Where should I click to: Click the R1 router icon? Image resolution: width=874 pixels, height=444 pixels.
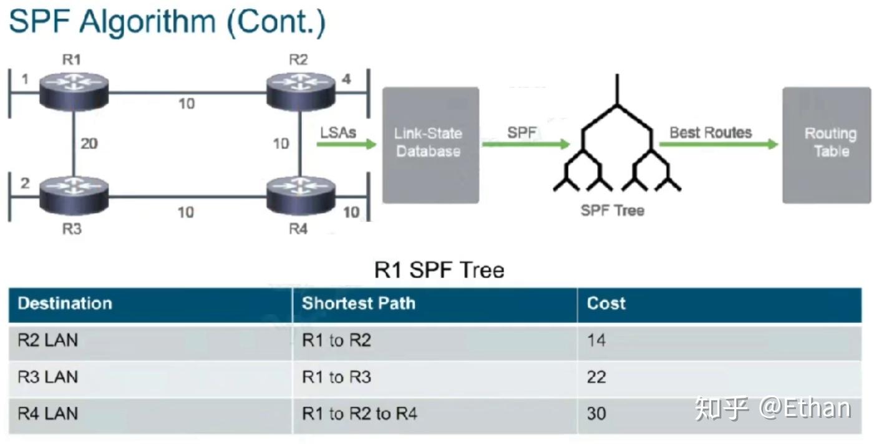74,91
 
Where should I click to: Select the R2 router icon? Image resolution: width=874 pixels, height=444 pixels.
300,91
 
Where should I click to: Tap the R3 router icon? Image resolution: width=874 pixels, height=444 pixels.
74,193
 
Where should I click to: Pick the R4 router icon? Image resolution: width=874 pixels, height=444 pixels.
300,193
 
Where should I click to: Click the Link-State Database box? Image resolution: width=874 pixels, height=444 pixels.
430,145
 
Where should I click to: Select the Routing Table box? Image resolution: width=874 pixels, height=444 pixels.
827,145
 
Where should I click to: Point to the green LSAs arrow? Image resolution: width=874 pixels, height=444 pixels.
346,145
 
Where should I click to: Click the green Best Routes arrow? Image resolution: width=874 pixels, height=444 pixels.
717,145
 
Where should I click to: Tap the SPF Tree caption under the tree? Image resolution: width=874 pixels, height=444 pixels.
612,210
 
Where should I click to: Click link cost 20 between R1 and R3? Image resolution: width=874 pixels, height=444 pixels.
89,143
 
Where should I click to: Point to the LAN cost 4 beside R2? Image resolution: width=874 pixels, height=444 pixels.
346,80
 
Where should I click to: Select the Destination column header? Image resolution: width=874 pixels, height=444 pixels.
65,304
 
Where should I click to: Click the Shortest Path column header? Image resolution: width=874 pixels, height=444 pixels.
358,304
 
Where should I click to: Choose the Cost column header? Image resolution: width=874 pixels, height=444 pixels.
606,304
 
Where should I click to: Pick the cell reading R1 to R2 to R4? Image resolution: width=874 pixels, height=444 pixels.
359,413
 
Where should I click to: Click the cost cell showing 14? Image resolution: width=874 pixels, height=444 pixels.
596,340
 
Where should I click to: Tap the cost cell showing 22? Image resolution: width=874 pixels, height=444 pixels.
596,377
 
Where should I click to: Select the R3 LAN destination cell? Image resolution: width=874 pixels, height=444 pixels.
48,377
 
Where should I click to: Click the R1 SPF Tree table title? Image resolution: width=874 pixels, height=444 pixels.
439,270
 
